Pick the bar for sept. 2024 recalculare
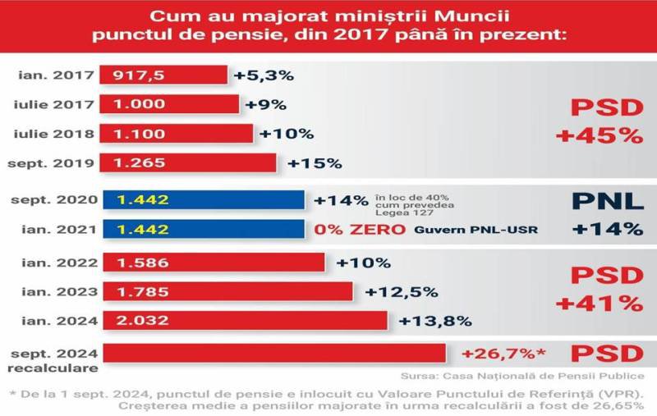point(275,354)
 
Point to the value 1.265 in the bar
point(135,162)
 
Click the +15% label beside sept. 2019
point(314,162)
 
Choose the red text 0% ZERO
point(361,229)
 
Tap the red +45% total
point(598,135)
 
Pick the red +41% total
point(598,303)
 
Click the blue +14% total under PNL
point(608,229)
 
